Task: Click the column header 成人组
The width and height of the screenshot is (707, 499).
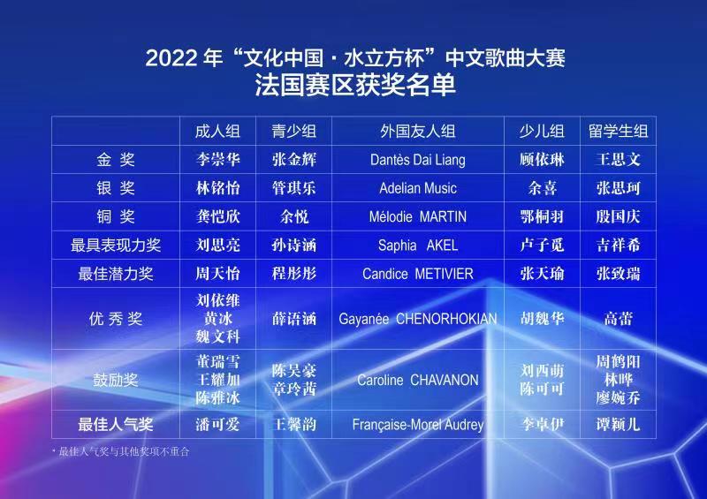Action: (217, 132)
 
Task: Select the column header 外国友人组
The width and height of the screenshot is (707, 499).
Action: (417, 132)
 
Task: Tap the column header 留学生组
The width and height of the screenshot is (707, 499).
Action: (618, 132)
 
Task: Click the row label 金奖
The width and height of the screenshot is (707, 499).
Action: (116, 160)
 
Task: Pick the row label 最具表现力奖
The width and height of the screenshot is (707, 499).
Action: (116, 246)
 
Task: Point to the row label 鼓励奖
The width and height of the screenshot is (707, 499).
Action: (116, 380)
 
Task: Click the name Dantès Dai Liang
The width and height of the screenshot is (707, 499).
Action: (417, 160)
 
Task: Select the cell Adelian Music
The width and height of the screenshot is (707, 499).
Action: (417, 188)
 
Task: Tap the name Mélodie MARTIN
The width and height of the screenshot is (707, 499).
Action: (417, 216)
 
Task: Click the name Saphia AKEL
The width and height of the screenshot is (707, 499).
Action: (417, 246)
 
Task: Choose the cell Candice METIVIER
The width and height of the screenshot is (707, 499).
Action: (417, 274)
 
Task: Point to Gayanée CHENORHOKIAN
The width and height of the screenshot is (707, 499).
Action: (417, 319)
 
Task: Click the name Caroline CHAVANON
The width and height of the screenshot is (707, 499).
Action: (417, 380)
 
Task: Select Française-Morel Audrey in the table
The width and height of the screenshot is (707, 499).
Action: (417, 425)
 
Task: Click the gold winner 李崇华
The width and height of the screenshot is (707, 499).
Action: (217, 160)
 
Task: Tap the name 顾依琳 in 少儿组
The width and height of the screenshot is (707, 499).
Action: (542, 160)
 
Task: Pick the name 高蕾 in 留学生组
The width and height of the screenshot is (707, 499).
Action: (618, 319)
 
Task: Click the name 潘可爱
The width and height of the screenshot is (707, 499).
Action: (217, 424)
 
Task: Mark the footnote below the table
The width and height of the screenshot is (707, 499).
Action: (121, 451)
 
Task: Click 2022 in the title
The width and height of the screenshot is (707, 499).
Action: (171, 58)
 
